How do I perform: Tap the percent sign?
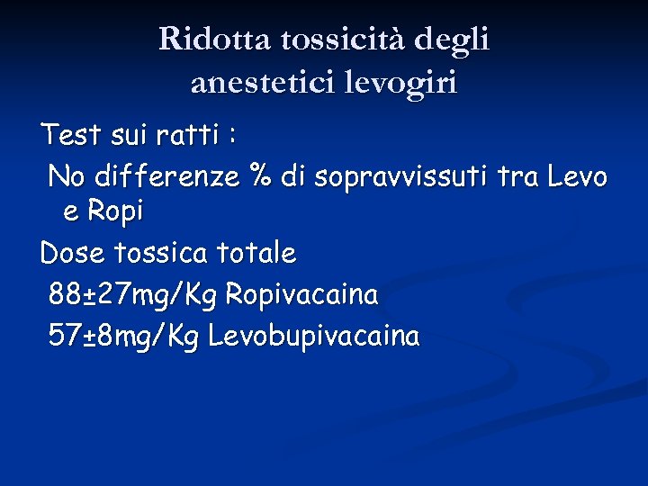pos(262,176)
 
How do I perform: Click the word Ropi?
pos(115,213)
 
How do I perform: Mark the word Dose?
pos(72,254)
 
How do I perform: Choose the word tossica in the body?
pos(159,254)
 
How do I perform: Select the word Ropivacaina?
pos(301,295)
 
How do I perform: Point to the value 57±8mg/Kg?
pos(124,337)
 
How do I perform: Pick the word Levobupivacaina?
pos(313,337)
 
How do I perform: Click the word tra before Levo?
pos(513,176)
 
